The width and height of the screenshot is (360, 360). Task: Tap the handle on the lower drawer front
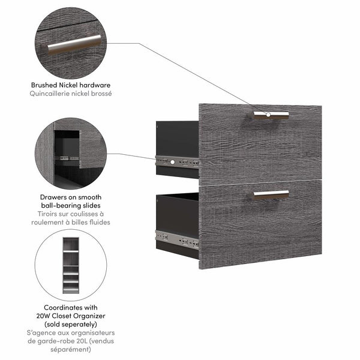click(271, 194)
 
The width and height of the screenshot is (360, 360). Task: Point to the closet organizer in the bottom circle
click(71, 263)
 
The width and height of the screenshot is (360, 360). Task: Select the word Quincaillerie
click(52, 94)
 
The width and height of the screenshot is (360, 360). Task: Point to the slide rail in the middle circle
click(68, 158)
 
